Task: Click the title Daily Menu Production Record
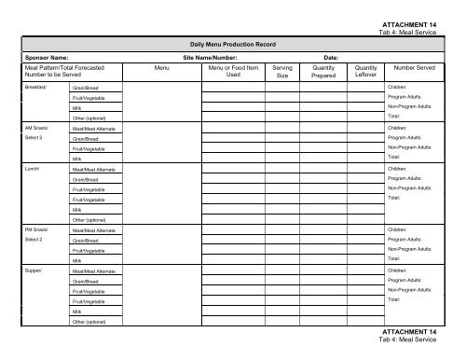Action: pyautogui.click(x=233, y=44)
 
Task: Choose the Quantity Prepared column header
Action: pyautogui.click(x=324, y=73)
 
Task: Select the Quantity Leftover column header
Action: pyautogui.click(x=366, y=73)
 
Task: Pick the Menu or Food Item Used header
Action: pyautogui.click(x=233, y=73)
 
